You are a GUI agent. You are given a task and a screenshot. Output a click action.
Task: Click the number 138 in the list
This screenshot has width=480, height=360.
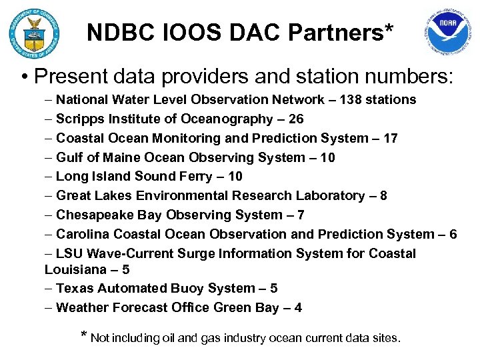(x=353, y=100)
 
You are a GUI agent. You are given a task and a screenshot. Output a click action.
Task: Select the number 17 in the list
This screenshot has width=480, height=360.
(x=391, y=139)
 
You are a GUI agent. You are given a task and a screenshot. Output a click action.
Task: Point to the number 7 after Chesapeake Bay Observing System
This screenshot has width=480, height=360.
(x=301, y=215)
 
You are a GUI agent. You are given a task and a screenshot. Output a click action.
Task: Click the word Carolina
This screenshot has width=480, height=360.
(x=83, y=235)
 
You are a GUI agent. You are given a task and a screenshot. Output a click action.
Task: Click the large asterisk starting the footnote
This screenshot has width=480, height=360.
(x=83, y=334)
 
